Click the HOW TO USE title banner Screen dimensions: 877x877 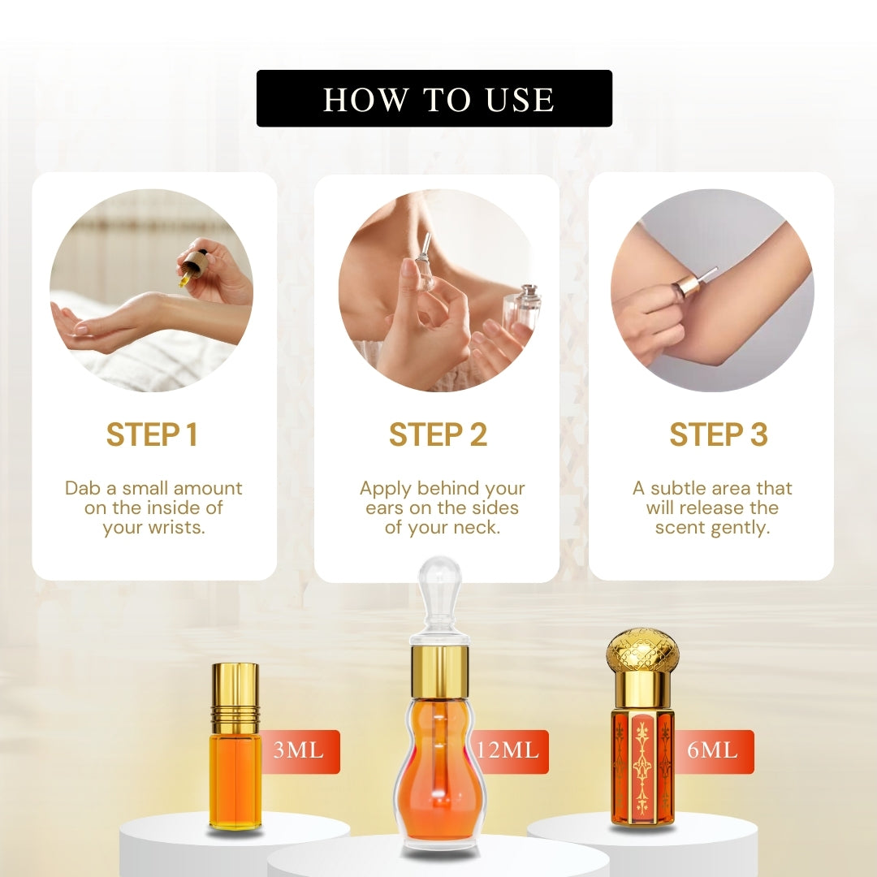tap(434, 98)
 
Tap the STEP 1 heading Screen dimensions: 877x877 tap(152, 434)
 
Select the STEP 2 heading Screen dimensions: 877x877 tap(438, 434)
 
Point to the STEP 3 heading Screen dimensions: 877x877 tap(718, 434)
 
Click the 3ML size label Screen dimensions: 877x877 tap(299, 750)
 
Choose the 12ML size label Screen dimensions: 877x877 tap(508, 750)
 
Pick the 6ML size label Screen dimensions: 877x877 tap(712, 750)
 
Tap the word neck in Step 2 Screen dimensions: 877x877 tap(478, 528)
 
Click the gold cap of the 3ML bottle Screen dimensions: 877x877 tap(235, 700)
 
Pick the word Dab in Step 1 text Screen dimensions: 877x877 tap(83, 488)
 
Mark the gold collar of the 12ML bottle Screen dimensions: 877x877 tap(440, 669)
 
